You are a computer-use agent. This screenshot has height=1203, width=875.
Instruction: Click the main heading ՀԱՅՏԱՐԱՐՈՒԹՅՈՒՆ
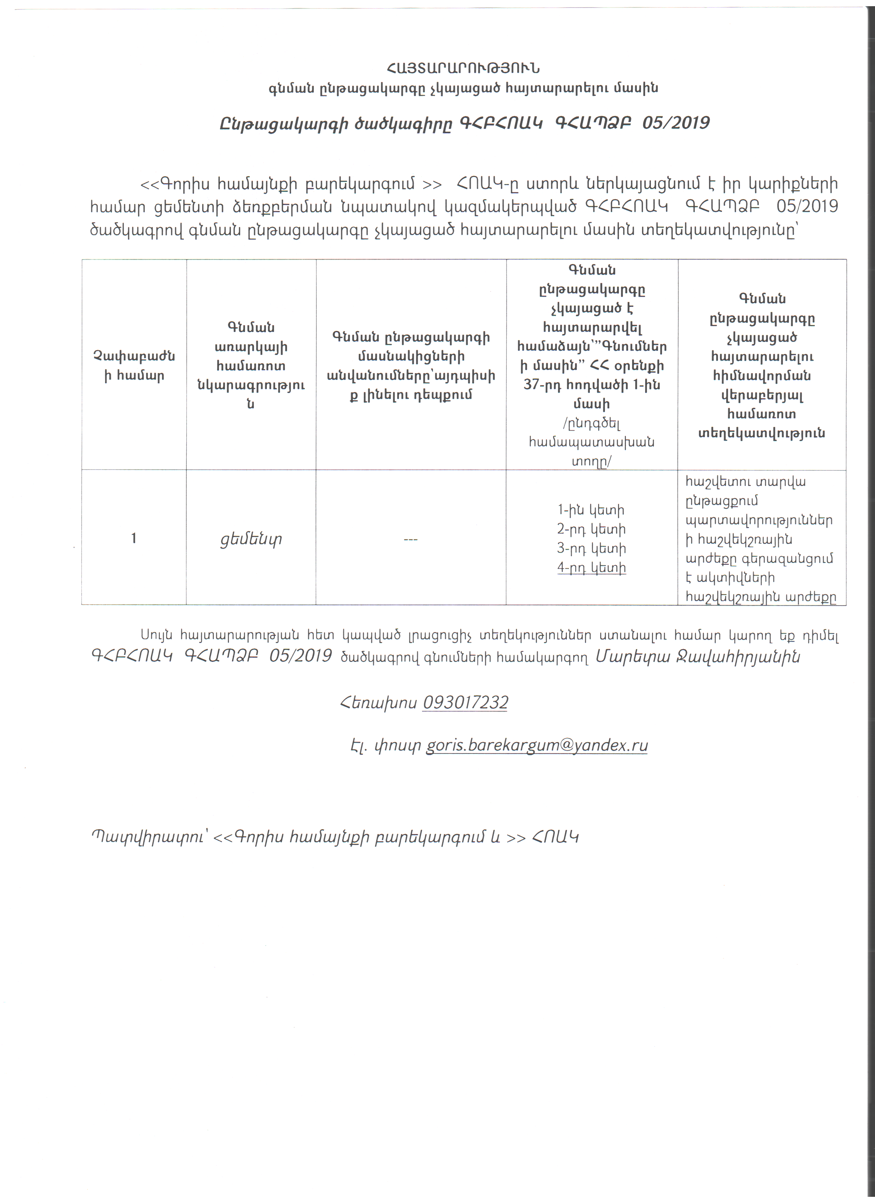[463, 69]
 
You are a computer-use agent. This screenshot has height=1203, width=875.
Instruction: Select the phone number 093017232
[465, 702]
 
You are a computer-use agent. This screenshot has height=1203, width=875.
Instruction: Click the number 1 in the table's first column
[134, 538]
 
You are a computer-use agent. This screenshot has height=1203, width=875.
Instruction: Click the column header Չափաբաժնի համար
[134, 366]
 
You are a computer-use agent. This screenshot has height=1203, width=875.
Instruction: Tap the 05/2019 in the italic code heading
[676, 123]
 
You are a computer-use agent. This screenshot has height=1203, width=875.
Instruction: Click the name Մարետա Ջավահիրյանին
[697, 657]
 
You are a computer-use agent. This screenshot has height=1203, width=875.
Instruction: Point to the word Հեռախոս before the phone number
[378, 703]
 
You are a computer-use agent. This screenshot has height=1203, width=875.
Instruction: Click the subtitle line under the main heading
[463, 88]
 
